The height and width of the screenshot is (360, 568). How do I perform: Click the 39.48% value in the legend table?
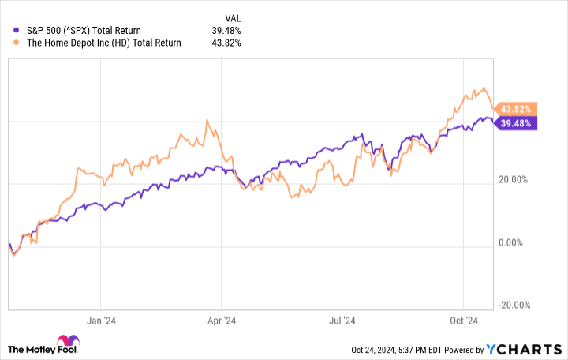226,31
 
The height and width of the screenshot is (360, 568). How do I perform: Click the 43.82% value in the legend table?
226,43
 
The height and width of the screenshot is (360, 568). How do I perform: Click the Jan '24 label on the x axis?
102,321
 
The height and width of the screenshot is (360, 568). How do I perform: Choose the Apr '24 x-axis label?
222,321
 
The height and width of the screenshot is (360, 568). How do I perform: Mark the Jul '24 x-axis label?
342,321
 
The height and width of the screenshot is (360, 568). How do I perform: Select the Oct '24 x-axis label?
462,321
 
